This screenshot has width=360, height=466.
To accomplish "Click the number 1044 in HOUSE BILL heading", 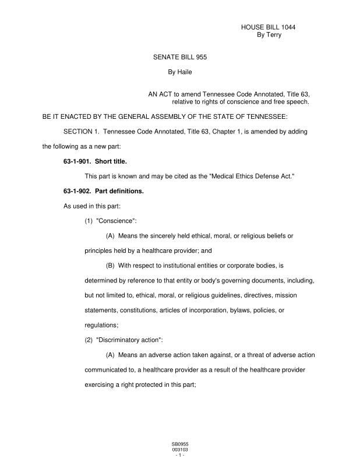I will pos(292,27).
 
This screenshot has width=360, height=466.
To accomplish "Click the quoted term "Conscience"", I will pos(116,221).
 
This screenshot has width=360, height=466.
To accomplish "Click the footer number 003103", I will pos(179,450).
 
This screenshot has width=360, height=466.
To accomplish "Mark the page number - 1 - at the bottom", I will pos(179,455).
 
